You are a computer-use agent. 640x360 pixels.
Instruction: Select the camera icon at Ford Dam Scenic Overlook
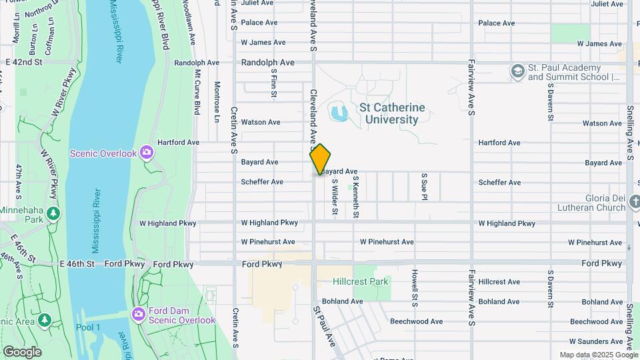139,314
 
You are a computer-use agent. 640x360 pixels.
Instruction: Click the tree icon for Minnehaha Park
53,213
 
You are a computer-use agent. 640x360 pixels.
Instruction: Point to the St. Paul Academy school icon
517,71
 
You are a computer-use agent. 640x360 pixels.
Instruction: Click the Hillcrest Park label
360,282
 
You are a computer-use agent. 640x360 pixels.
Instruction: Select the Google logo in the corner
22,351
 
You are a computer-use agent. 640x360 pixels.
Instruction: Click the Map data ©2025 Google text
599,355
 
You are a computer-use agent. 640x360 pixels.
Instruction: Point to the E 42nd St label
23,62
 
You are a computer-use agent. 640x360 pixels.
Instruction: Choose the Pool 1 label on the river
88,327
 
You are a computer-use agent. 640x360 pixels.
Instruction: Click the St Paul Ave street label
325,327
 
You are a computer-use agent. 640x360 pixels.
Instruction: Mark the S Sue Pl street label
423,187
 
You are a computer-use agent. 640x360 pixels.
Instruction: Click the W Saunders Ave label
597,341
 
